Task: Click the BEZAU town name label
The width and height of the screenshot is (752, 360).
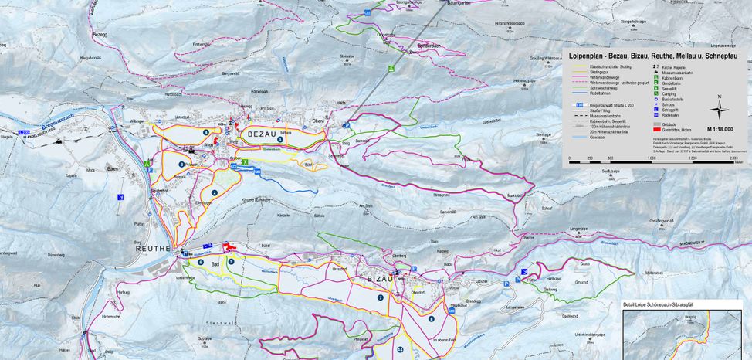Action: click(x=263, y=134)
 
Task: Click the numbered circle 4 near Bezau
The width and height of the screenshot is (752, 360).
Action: click(x=206, y=132)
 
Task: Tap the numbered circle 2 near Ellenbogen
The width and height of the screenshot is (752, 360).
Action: click(x=214, y=192)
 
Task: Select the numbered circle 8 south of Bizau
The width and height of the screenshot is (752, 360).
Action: click(x=431, y=318)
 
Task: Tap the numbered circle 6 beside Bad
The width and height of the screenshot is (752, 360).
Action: click(x=201, y=262)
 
